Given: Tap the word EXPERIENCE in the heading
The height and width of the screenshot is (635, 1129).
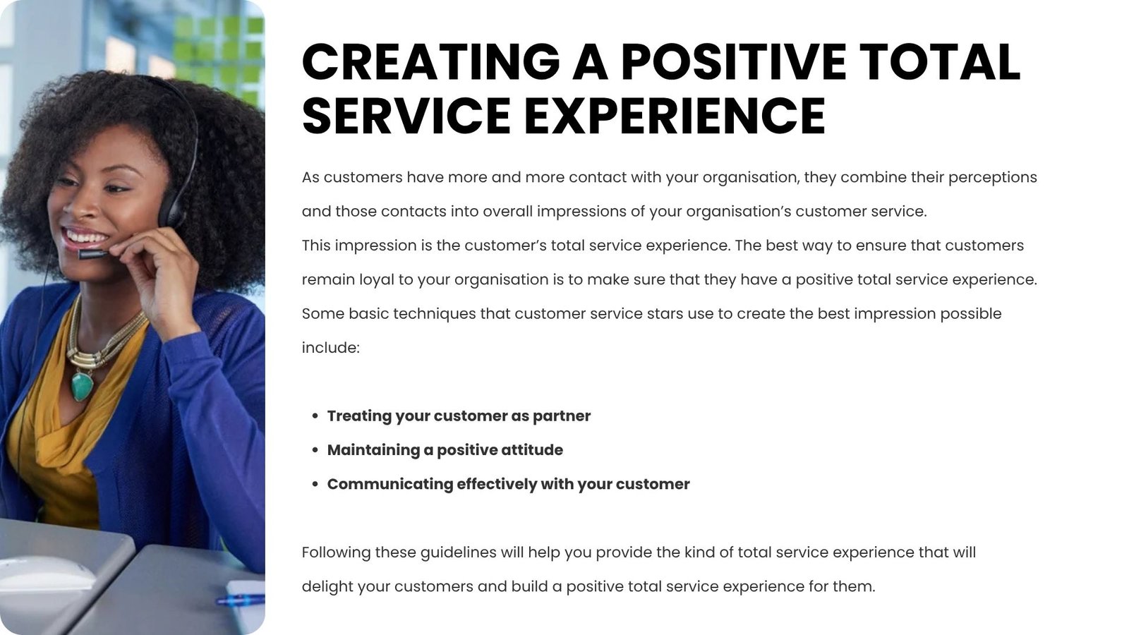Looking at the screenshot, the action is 675,116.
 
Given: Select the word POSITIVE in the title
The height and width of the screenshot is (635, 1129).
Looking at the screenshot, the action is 733,62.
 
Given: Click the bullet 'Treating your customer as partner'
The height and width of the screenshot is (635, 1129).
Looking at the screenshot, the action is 459,416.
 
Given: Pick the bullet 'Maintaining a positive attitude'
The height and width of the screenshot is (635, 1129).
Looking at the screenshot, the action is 445,450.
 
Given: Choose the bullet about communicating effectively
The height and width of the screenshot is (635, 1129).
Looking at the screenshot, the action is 508,484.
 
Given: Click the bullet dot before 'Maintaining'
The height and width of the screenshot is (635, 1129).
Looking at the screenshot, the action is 315,450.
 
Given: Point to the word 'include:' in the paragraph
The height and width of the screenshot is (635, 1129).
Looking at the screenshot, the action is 331,347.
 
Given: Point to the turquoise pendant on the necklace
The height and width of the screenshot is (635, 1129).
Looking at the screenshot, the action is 82,386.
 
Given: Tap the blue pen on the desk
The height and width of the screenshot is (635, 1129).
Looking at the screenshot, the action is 241,600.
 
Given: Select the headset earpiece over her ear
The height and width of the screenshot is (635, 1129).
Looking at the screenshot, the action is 171,212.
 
